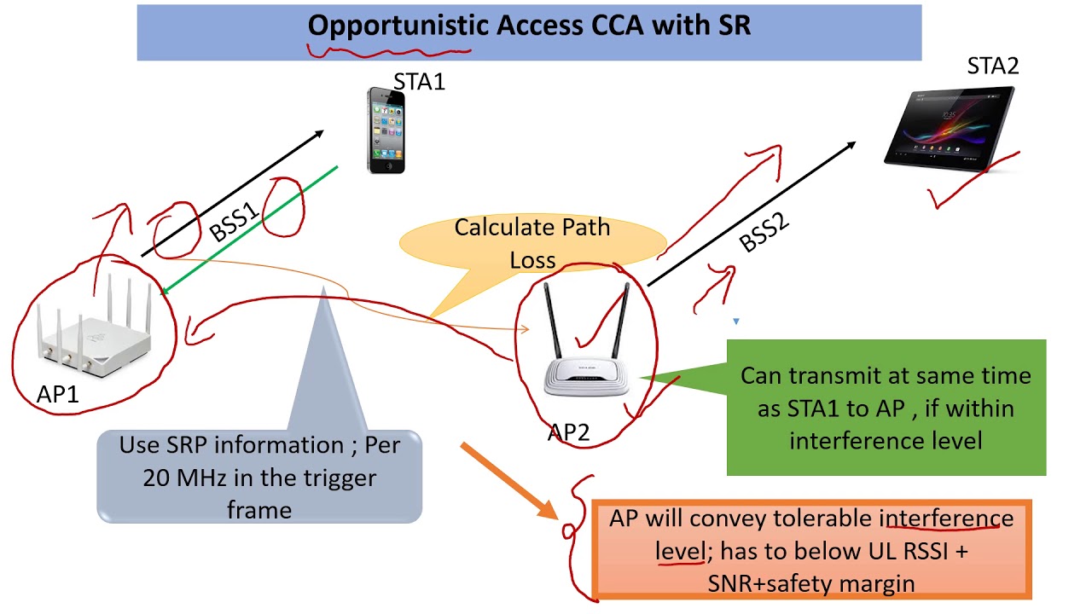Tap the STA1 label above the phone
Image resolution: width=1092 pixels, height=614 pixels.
point(419,82)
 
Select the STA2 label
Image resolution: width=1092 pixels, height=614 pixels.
point(992,66)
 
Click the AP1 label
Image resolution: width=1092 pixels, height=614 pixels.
point(58,393)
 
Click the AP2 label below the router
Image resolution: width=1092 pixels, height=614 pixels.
point(568,432)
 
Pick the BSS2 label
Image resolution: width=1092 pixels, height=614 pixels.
point(764,231)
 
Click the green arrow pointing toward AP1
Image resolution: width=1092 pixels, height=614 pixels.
point(247,230)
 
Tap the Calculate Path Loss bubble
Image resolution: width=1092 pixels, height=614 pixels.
point(531,243)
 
